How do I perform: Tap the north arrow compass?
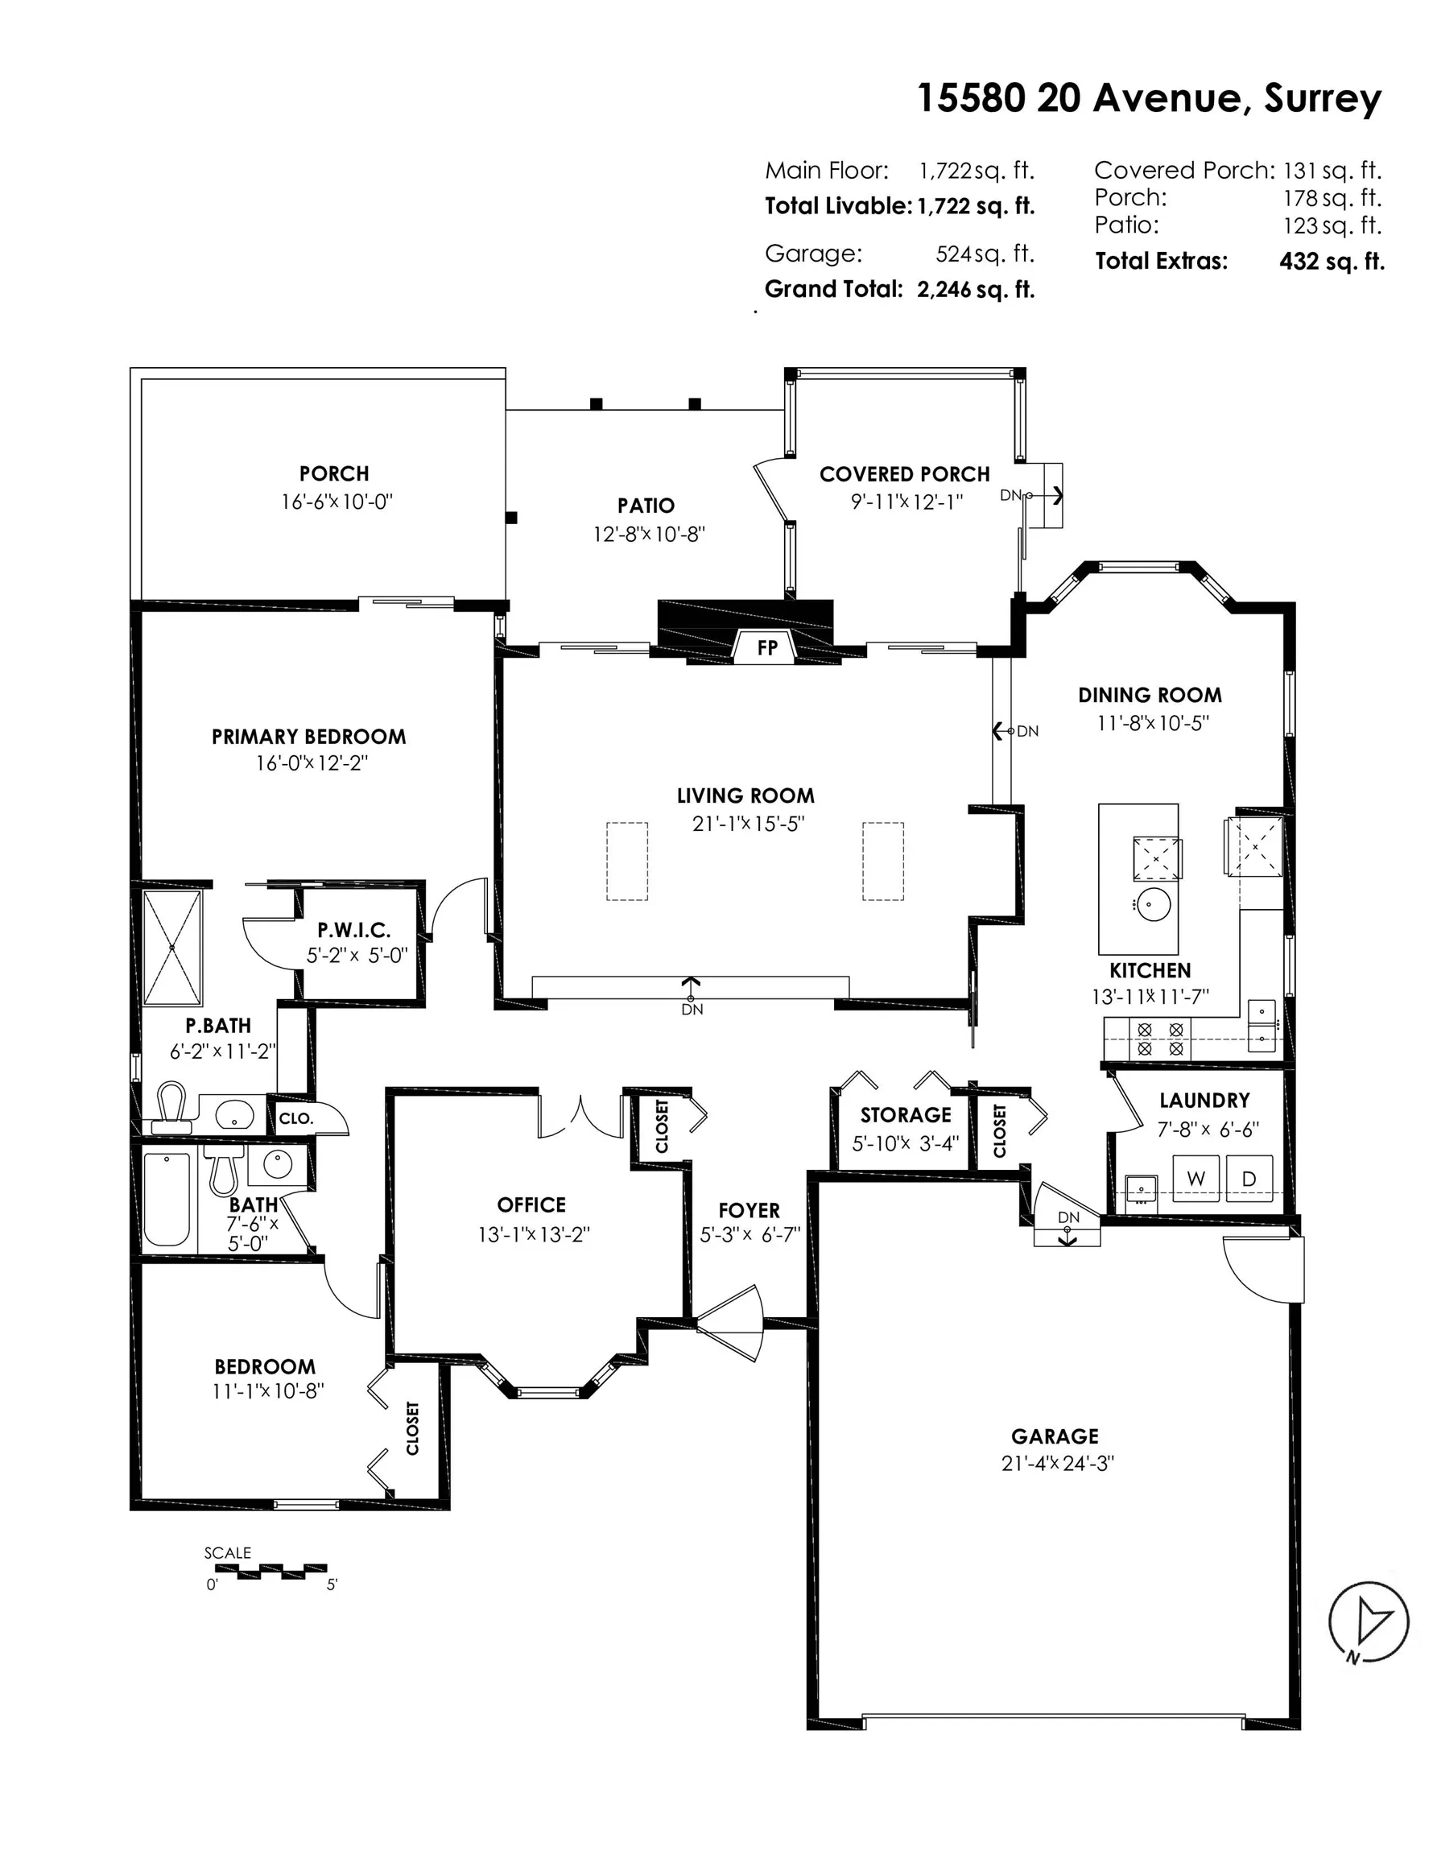(x=1368, y=1623)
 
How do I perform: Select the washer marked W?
(x=1196, y=1178)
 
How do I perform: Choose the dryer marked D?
(x=1249, y=1178)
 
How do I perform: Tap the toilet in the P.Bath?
(x=172, y=1108)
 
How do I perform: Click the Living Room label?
(x=745, y=795)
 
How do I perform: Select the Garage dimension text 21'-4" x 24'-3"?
(x=1057, y=1463)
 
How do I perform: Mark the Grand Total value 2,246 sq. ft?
(x=976, y=290)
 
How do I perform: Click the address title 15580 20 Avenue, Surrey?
(x=1150, y=98)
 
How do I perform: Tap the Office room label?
(x=532, y=1204)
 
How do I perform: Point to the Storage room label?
(x=906, y=1114)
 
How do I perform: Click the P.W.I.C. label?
(x=354, y=930)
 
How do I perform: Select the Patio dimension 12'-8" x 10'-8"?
(x=649, y=535)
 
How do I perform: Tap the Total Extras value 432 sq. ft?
(x=1331, y=262)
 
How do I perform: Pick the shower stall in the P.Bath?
(x=172, y=947)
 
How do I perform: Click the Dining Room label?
(x=1150, y=695)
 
